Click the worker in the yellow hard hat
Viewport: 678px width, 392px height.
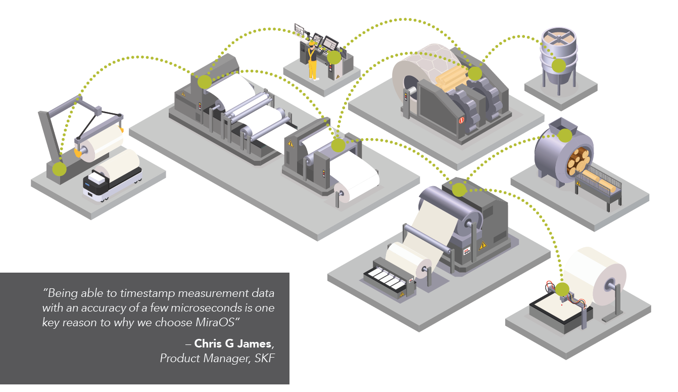tap(313, 61)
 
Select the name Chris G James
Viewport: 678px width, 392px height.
tap(233, 344)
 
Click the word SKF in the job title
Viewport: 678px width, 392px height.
tap(266, 359)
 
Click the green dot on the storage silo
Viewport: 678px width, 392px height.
tap(558, 65)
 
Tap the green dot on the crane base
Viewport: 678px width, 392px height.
tap(59, 169)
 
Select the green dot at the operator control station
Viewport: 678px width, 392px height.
tap(333, 58)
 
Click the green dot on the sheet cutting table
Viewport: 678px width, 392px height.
tap(562, 290)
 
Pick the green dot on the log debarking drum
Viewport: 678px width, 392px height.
tap(565, 135)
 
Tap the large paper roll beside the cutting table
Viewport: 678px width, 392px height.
tap(596, 276)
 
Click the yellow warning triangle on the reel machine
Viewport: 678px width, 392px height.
tap(482, 246)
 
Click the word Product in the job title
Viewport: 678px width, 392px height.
tap(177, 359)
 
